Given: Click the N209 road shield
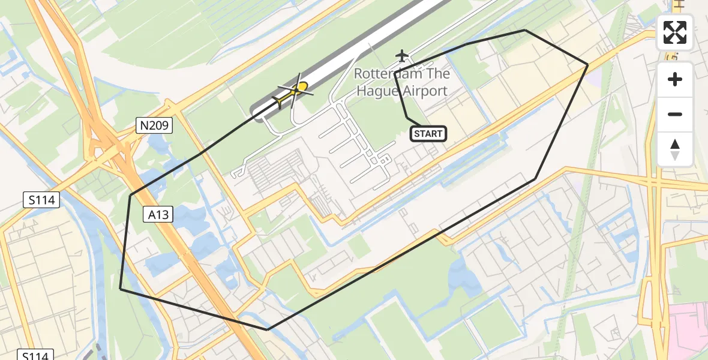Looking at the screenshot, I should [x=154, y=125].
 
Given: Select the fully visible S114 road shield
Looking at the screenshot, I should [x=42, y=200].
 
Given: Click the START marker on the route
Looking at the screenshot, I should [x=428, y=134].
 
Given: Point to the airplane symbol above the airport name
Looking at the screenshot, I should [x=401, y=56].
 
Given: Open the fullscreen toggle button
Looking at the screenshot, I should [x=675, y=32].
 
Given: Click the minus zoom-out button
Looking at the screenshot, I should [x=675, y=114].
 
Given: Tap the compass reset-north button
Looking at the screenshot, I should [x=675, y=149].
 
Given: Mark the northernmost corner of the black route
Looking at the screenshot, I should [x=525, y=30].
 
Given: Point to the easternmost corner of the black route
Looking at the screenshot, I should [x=587, y=64].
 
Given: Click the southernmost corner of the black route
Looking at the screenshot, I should [x=268, y=329].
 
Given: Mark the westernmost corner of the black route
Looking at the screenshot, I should [x=121, y=289].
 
